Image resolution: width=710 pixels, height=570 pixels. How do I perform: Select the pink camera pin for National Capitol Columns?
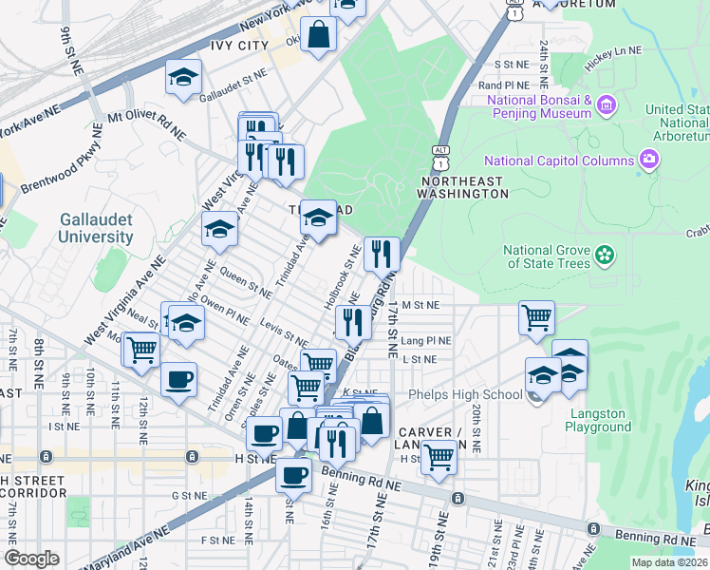pyautogui.click(x=649, y=159)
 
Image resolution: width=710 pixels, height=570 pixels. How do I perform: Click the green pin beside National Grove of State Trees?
pyautogui.click(x=603, y=256)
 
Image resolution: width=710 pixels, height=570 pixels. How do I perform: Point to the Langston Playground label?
pyautogui.click(x=599, y=420)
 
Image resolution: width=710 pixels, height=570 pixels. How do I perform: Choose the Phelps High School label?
pyautogui.click(x=465, y=395)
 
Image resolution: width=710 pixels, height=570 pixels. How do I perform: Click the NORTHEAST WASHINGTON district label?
pyautogui.click(x=465, y=186)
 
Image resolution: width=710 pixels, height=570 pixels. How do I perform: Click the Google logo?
pyautogui.click(x=31, y=559)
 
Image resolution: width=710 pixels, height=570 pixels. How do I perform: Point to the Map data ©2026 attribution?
pyautogui.click(x=669, y=562)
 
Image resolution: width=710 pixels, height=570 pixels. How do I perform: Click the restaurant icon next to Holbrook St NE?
pyautogui.click(x=382, y=254)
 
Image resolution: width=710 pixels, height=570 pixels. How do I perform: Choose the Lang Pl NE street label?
pyautogui.click(x=426, y=340)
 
